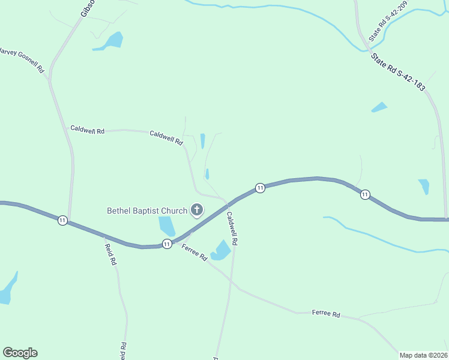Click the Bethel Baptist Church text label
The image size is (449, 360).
[146, 211]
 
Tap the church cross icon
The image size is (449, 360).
[196, 210]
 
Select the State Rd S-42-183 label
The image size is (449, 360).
[398, 73]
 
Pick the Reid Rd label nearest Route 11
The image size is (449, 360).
[110, 255]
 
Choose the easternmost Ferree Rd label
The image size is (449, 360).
[326, 314]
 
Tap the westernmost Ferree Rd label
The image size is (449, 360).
[194, 253]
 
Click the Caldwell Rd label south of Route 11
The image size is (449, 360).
[232, 227]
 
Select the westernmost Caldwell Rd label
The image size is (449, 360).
[88, 129]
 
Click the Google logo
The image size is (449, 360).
[20, 353]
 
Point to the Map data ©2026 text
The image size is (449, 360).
[423, 355]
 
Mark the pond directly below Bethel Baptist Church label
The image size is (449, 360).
[166, 226]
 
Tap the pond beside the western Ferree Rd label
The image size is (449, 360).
[221, 250]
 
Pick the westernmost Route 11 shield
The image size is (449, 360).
[62, 220]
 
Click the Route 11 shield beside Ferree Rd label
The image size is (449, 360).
[167, 244]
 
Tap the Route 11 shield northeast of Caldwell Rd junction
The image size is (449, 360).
[259, 188]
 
